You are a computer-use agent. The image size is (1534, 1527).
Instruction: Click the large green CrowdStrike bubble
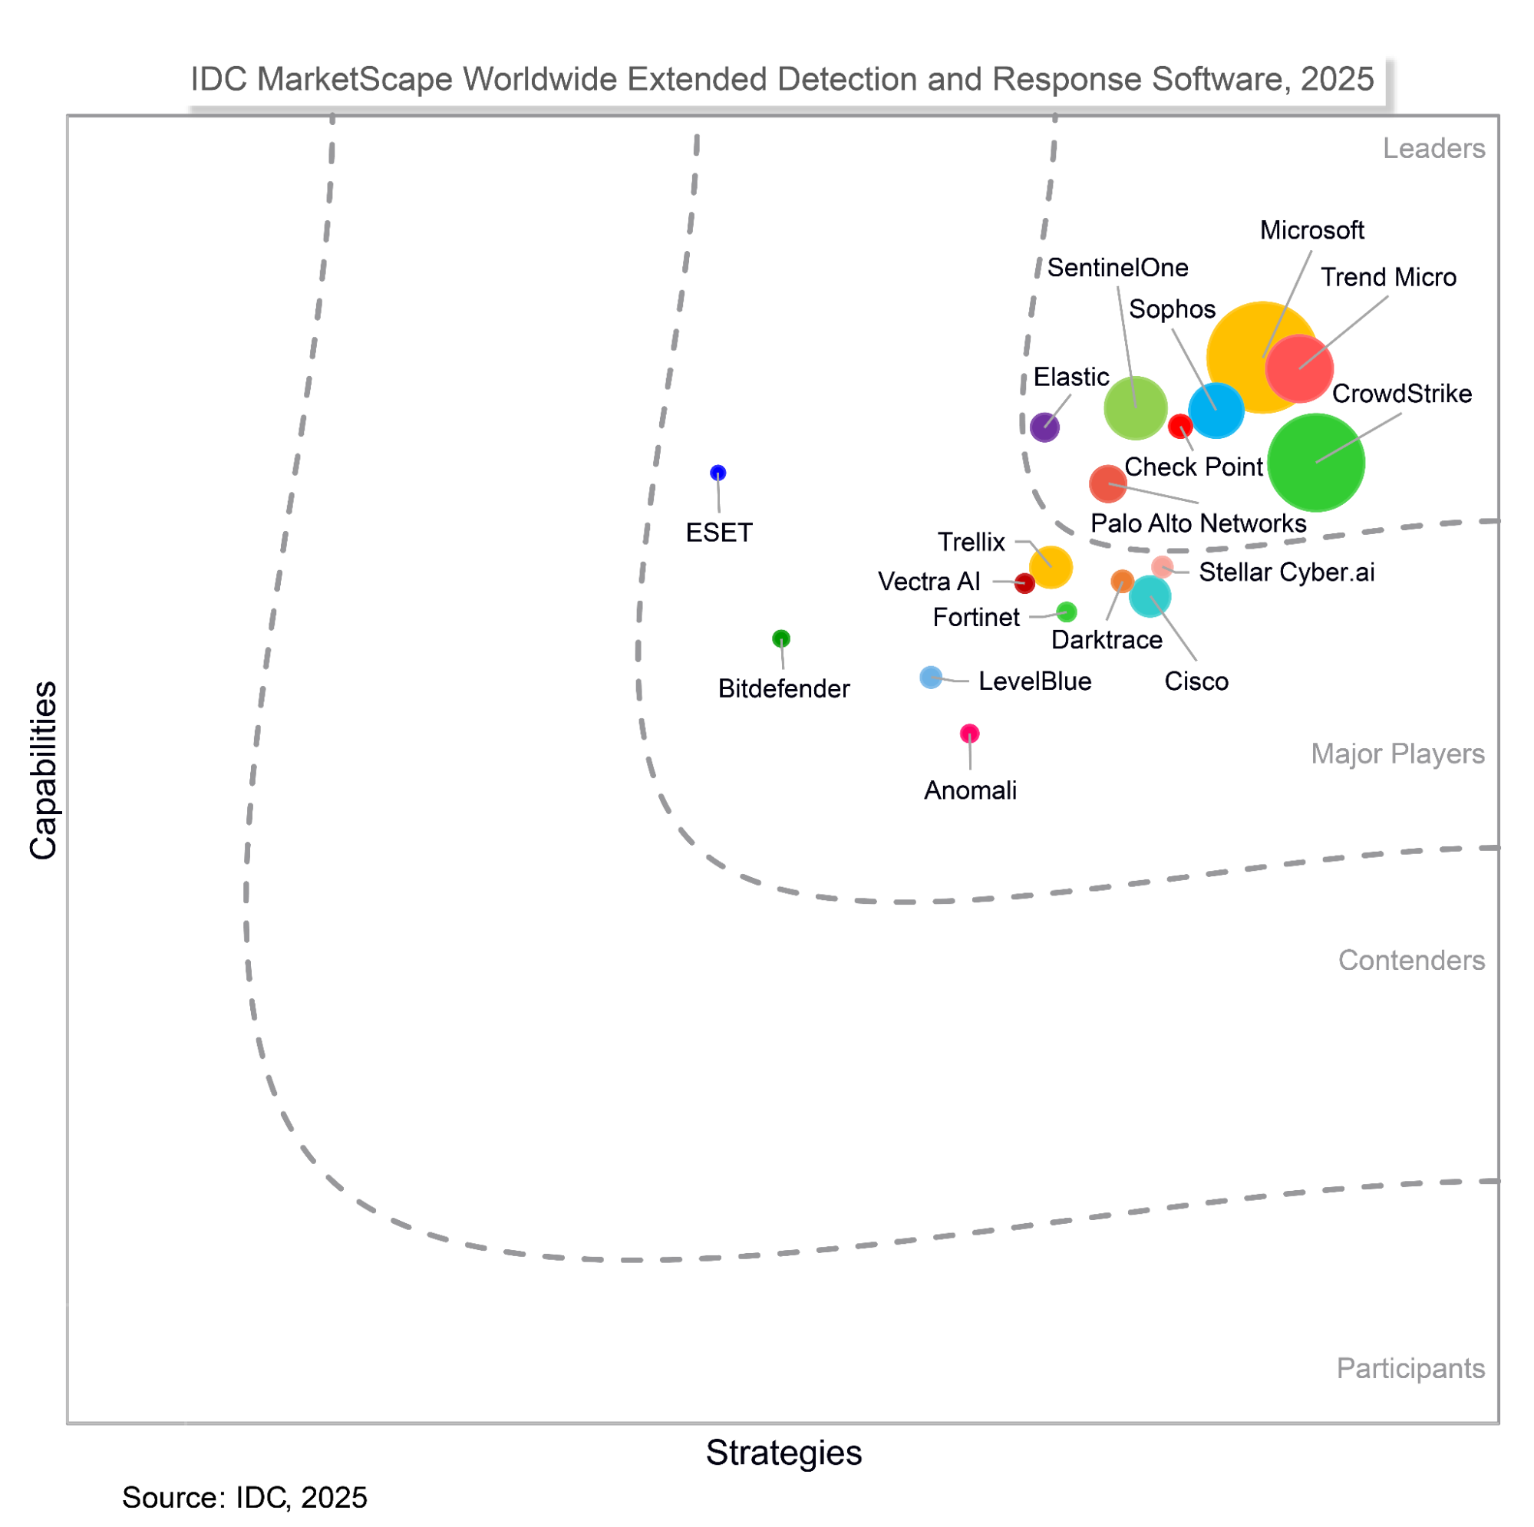[1315, 462]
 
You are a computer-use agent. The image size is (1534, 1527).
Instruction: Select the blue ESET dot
[718, 473]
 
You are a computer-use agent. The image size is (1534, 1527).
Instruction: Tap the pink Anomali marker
[969, 733]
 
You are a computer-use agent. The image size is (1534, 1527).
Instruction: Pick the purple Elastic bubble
[1044, 427]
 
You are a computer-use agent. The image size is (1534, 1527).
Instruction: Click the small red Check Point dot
[1180, 427]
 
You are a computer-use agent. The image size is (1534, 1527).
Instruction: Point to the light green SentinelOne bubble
[1136, 408]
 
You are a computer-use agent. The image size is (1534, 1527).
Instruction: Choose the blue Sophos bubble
[1216, 411]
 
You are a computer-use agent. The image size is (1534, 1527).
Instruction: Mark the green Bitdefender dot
[781, 638]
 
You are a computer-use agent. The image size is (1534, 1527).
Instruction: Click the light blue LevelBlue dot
[931, 678]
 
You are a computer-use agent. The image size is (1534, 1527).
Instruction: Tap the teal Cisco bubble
[1150, 596]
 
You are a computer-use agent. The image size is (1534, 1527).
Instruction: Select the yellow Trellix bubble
[1051, 567]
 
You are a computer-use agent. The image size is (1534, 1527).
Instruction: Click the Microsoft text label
[1311, 230]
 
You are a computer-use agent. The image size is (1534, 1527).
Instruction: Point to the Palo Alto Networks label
[1198, 523]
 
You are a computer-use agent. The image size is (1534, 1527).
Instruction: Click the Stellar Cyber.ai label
[1286, 572]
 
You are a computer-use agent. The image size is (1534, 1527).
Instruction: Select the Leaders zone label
[1433, 149]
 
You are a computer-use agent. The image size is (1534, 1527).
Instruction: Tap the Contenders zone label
[1411, 960]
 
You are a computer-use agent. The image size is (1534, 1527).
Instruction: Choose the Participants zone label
[1410, 1368]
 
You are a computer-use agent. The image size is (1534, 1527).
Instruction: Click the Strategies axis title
[783, 1453]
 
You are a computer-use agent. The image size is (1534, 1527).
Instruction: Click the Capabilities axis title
[44, 770]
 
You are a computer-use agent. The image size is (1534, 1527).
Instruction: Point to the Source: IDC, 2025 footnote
[245, 1497]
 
